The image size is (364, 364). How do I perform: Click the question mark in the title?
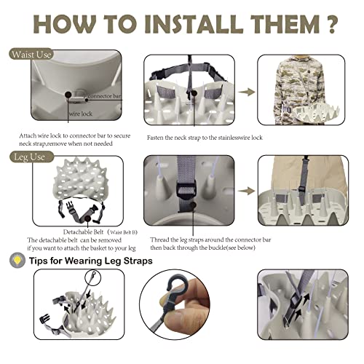point(329,24)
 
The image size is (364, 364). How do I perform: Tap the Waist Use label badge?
point(31,54)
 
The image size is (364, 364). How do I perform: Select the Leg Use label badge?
point(31,157)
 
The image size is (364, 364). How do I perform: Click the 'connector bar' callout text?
point(104,96)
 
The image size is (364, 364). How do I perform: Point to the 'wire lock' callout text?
point(81,114)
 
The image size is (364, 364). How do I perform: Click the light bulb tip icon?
point(17,261)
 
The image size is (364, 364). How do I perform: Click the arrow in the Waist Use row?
point(247,92)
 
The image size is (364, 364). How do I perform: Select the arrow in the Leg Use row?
point(247,191)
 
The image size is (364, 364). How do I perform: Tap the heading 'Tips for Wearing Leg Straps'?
point(91,261)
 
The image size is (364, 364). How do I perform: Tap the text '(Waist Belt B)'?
point(122,232)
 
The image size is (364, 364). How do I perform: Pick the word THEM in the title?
point(285,24)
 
